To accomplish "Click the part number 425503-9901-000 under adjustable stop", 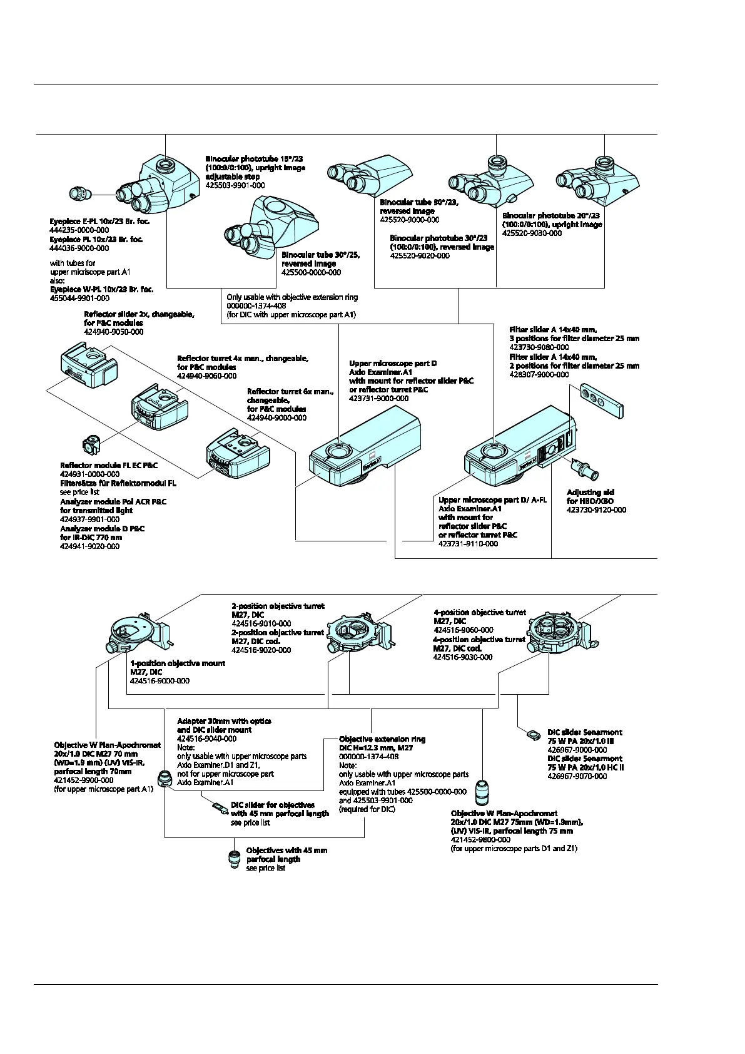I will pyautogui.click(x=235, y=186).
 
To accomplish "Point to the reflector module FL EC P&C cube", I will pyautogui.click(x=91, y=445).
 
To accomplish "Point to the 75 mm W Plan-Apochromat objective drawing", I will pyautogui.click(x=482, y=794).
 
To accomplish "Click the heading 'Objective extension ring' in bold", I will pyautogui.click(x=382, y=739).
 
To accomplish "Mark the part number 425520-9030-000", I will pyautogui.click(x=532, y=233).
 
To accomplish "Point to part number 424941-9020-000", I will pyautogui.click(x=89, y=546).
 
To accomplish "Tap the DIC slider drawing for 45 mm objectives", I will pyautogui.click(x=218, y=808).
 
